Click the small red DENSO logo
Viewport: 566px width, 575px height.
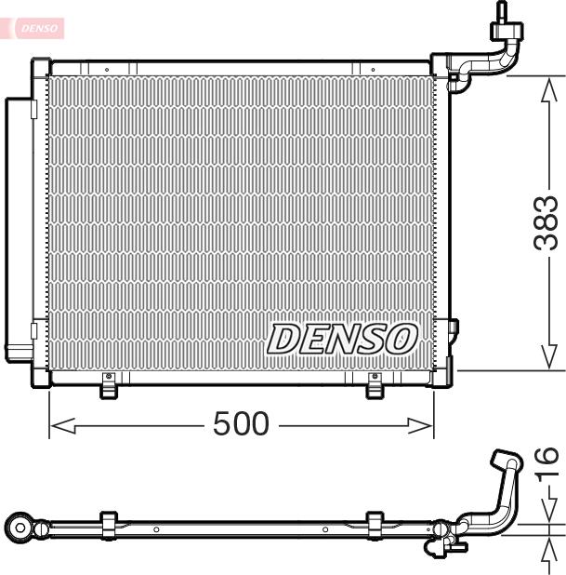pyautogui.click(x=36, y=29)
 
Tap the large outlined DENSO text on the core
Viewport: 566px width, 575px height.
pyautogui.click(x=342, y=339)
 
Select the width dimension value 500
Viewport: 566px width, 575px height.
pyautogui.click(x=241, y=424)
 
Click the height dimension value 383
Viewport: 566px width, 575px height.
pyautogui.click(x=547, y=222)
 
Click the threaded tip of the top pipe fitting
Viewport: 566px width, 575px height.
pyautogui.click(x=503, y=11)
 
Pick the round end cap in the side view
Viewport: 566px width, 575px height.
pyautogui.click(x=21, y=528)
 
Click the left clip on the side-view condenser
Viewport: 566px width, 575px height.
pyautogui.click(x=108, y=524)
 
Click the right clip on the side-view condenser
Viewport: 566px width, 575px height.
pyautogui.click(x=375, y=524)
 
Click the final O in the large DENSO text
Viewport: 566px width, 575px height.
pyautogui.click(x=401, y=339)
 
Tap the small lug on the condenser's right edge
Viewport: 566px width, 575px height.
pyautogui.click(x=454, y=328)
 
